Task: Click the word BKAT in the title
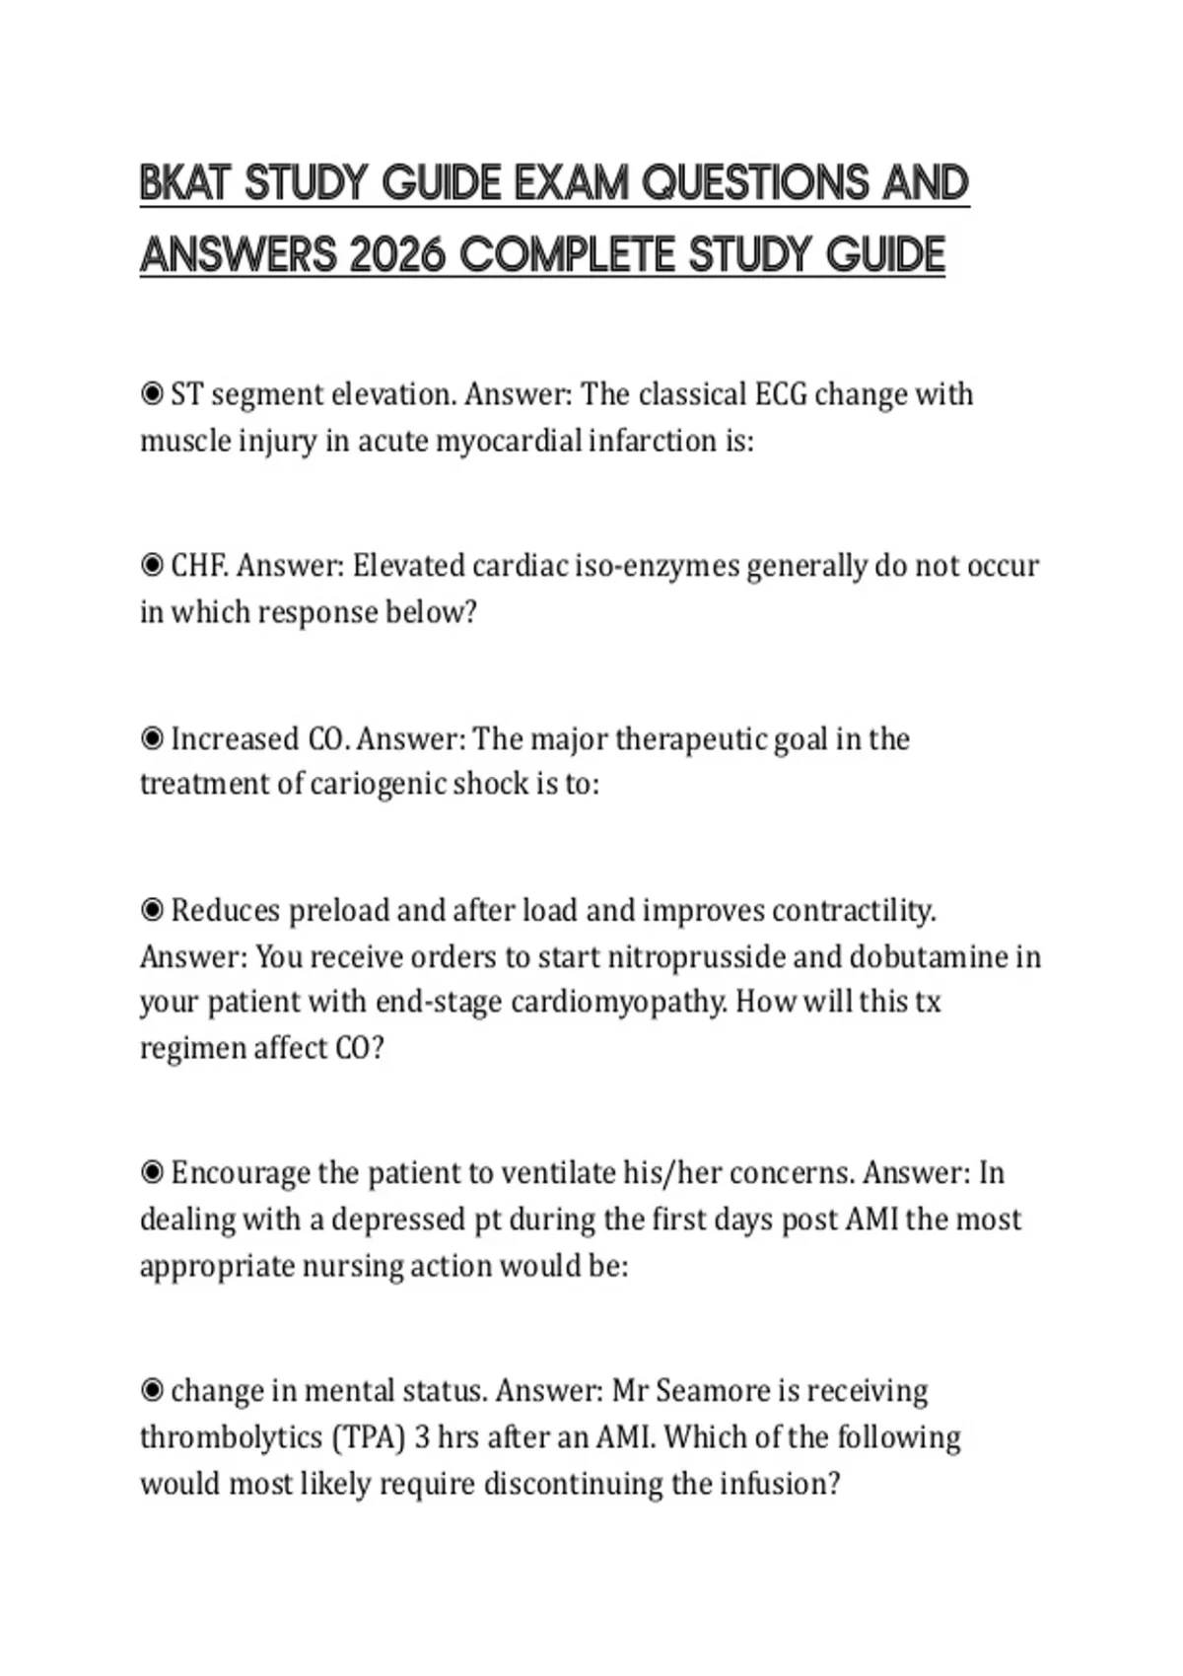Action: [x=186, y=183]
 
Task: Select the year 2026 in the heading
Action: [x=399, y=256]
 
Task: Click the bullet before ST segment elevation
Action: [x=152, y=394]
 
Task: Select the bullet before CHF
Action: [x=152, y=566]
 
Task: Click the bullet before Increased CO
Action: [x=152, y=738]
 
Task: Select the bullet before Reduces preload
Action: [x=152, y=910]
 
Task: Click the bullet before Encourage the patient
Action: [x=152, y=1173]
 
